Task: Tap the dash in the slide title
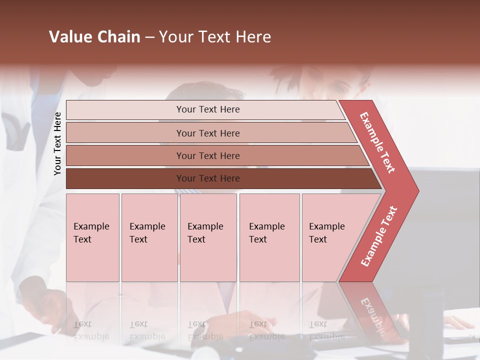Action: (149, 37)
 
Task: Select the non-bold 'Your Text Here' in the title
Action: (215, 37)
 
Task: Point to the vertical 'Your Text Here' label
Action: (57, 143)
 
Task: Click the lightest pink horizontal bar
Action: (205, 109)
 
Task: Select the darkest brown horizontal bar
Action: (220, 178)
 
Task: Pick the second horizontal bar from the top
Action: (210, 133)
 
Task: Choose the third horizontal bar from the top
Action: (215, 155)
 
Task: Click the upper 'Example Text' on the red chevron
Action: (377, 142)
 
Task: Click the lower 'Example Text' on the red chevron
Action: (379, 236)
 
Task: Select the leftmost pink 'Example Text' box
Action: (92, 237)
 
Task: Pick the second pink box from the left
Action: (149, 237)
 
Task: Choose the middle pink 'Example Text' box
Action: (208, 237)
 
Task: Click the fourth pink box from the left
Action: (269, 237)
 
